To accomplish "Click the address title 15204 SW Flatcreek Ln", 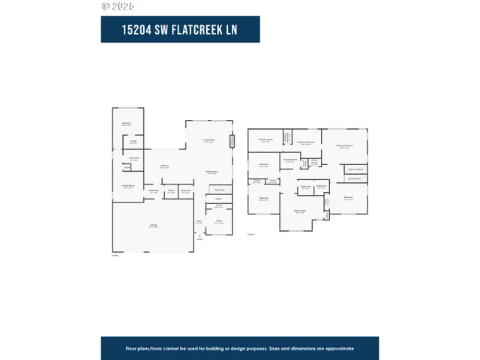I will click(180, 29).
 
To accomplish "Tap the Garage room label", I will click(153, 225).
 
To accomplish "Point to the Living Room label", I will click(208, 140).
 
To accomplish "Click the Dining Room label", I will click(212, 172).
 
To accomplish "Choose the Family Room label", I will click(128, 186).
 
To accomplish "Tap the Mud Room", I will click(153, 191).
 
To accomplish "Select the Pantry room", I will click(171, 191).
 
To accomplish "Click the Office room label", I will click(219, 221).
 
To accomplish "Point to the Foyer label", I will click(199, 222).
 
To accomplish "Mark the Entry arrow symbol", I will click(199, 235).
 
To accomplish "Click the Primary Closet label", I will click(265, 139).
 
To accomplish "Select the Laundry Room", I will click(290, 160).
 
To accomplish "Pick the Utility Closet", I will click(315, 161).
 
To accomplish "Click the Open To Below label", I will click(355, 169).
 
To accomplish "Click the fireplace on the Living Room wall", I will click(232, 142).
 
